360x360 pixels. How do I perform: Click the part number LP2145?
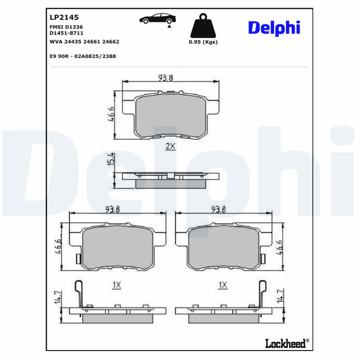pyautogui.click(x=63, y=18)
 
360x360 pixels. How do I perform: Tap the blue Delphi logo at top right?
pyautogui.click(x=274, y=27)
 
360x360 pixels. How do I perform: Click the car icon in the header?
pyautogui.click(x=157, y=19)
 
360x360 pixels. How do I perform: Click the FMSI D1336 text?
pyautogui.click(x=66, y=27)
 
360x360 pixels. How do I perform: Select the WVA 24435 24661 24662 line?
pyautogui.click(x=84, y=41)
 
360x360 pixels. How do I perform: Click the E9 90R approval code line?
pyautogui.click(x=82, y=57)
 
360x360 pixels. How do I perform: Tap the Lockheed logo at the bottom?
pyautogui.click(x=285, y=344)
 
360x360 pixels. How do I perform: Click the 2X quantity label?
pyautogui.click(x=170, y=146)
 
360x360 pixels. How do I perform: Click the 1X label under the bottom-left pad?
pyautogui.click(x=117, y=285)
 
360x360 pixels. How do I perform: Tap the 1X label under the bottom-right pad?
pyautogui.click(x=222, y=285)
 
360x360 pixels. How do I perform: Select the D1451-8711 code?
pyautogui.click(x=66, y=33)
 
